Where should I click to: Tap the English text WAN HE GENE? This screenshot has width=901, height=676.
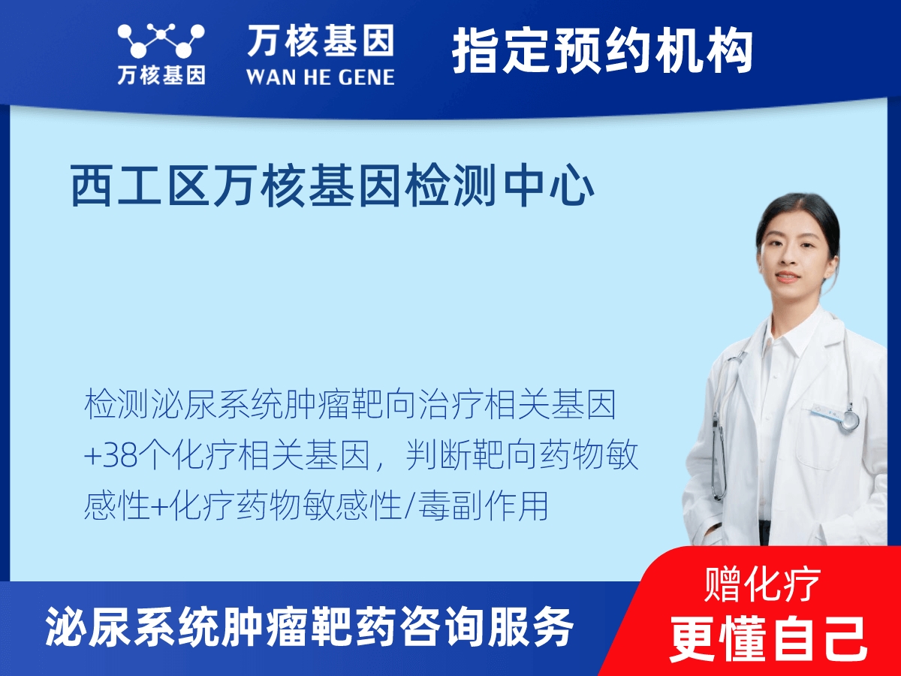click(320, 77)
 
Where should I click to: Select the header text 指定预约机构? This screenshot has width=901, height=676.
click(602, 51)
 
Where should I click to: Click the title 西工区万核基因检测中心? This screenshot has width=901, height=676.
click(332, 187)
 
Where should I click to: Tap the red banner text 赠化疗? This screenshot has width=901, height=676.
click(762, 584)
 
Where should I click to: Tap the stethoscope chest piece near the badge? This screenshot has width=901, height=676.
click(849, 421)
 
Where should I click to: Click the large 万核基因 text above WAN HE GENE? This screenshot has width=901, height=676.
click(320, 41)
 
